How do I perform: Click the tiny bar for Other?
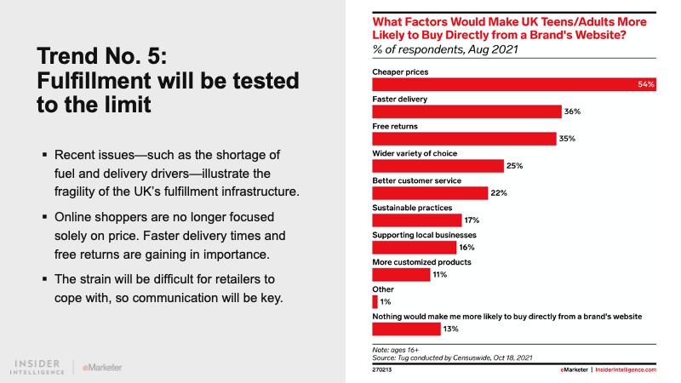click(375, 301)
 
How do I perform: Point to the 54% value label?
click(646, 85)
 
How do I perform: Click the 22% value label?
click(499, 193)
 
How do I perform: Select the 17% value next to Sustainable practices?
click(473, 220)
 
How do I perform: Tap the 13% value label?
click(452, 329)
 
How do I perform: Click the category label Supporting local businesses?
click(424, 234)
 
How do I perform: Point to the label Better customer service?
click(416, 180)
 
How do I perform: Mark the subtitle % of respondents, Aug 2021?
click(445, 49)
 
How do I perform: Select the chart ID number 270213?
click(382, 370)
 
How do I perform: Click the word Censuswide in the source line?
click(466, 358)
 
